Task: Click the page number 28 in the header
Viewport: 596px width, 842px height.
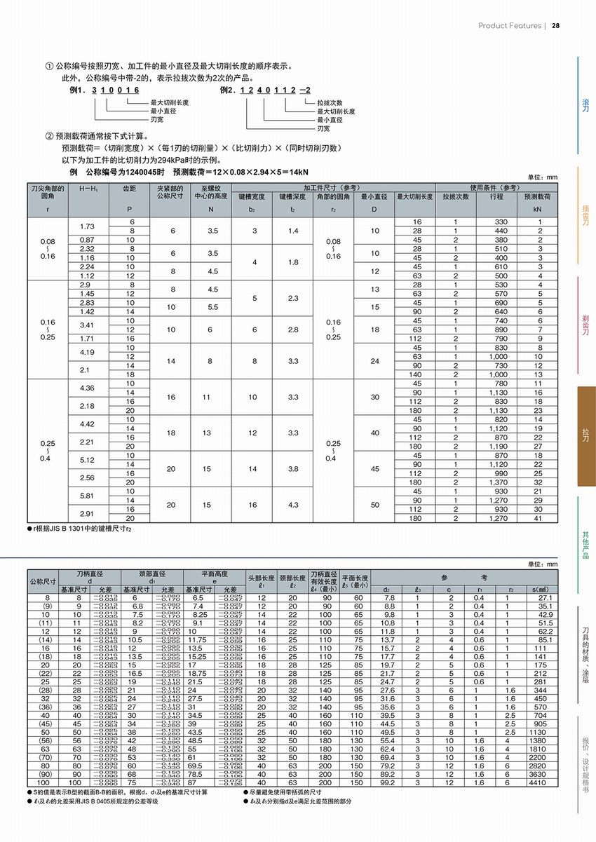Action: (556, 26)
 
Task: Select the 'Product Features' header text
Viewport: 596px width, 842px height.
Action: (510, 26)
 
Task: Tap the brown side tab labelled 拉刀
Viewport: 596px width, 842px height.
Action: (585, 436)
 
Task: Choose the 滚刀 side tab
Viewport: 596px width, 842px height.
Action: (585, 105)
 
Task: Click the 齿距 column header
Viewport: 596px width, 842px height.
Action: (129, 189)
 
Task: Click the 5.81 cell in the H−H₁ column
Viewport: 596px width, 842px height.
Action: (88, 496)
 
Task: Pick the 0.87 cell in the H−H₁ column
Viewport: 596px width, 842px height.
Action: (88, 240)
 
